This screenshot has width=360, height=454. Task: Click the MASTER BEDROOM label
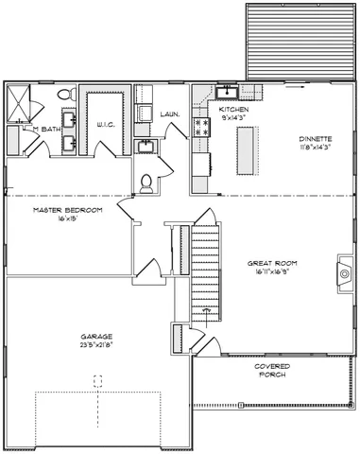click(x=67, y=209)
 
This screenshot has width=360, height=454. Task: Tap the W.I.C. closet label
click(x=106, y=124)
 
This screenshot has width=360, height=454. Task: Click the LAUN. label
click(x=170, y=114)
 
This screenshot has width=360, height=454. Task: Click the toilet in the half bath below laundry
click(x=146, y=183)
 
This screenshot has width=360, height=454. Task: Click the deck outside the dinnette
click(x=299, y=40)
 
